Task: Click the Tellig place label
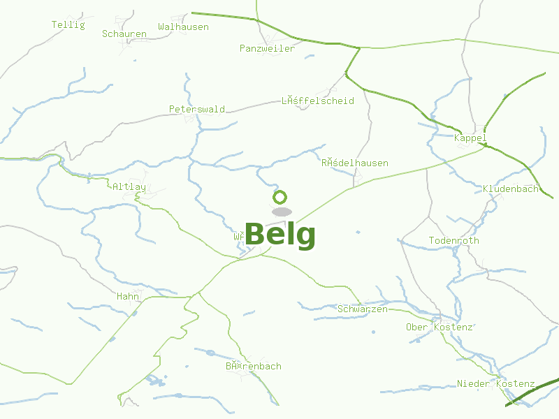[68, 25]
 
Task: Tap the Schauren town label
[124, 34]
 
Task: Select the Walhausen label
[183, 27]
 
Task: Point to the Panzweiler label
[267, 49]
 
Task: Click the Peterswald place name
[197, 110]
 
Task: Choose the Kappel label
[470, 138]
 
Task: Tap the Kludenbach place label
[511, 189]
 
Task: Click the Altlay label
[129, 187]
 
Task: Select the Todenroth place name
[454, 241]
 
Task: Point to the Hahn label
[128, 297]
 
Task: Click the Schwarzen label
[362, 309]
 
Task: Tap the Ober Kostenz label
[440, 328]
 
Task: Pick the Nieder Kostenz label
[495, 384]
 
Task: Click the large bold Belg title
[280, 235]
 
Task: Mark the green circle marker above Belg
[280, 197]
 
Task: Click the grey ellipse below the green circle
[281, 212]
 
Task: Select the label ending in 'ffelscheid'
[317, 101]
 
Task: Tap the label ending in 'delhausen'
[354, 163]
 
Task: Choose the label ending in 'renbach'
[253, 367]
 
